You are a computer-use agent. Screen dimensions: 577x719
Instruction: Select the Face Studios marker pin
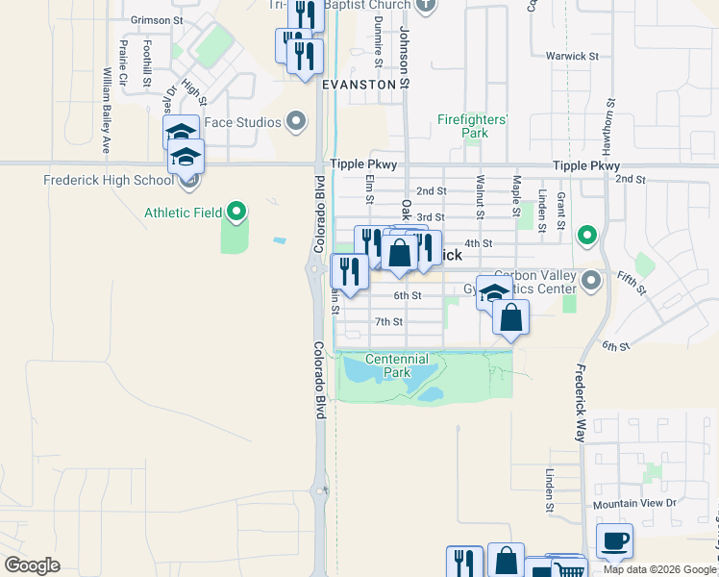tap(296, 122)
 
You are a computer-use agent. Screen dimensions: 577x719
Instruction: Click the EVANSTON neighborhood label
tap(359, 85)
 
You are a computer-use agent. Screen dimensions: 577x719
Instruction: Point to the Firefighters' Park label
tap(472, 126)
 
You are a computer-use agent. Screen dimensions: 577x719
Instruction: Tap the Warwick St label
tap(572, 56)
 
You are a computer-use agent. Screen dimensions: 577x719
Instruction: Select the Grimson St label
tap(156, 20)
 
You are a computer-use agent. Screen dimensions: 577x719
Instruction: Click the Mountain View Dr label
tap(634, 503)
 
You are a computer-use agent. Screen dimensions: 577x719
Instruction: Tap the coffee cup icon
tap(614, 540)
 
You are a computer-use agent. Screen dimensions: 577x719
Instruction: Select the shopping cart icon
tap(570, 571)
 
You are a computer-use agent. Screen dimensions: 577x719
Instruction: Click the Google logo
tap(32, 565)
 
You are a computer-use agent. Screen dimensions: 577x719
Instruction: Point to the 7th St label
tap(388, 321)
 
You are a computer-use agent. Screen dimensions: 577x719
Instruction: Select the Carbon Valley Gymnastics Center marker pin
tap(591, 281)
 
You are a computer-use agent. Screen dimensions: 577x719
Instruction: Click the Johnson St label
tap(405, 58)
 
